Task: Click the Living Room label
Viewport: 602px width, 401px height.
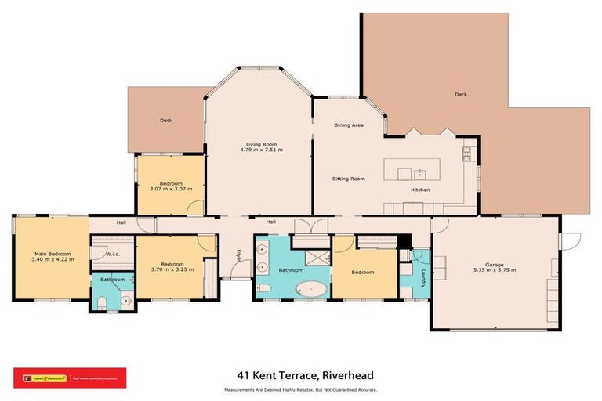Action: (258, 144)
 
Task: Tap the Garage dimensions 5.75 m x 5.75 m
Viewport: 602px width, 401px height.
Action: (494, 269)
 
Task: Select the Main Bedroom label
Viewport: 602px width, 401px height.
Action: (53, 254)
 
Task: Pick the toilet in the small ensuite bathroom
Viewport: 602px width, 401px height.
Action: (103, 301)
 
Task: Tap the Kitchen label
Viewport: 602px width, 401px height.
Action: (422, 190)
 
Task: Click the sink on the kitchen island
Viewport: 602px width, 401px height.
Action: (419, 171)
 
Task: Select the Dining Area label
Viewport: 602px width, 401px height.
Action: (349, 125)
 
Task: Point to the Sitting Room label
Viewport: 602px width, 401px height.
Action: (348, 179)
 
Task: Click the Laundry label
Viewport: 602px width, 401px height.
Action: (422, 279)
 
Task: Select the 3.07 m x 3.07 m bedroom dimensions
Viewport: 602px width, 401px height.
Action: (171, 189)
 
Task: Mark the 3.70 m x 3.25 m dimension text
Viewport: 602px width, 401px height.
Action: (172, 269)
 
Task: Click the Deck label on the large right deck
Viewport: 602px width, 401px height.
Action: (461, 95)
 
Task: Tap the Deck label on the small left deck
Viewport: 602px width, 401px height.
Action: (166, 121)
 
